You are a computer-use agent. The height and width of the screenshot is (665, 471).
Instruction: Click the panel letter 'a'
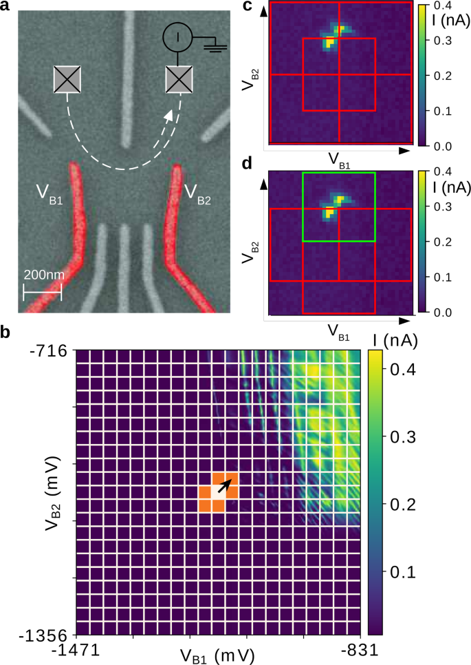click(6, 8)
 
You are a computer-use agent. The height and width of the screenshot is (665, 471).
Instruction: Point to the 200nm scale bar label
click(43, 274)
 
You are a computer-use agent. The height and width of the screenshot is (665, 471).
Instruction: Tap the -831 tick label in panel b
click(359, 651)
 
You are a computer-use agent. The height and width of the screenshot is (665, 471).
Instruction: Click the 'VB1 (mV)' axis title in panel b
click(217, 655)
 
